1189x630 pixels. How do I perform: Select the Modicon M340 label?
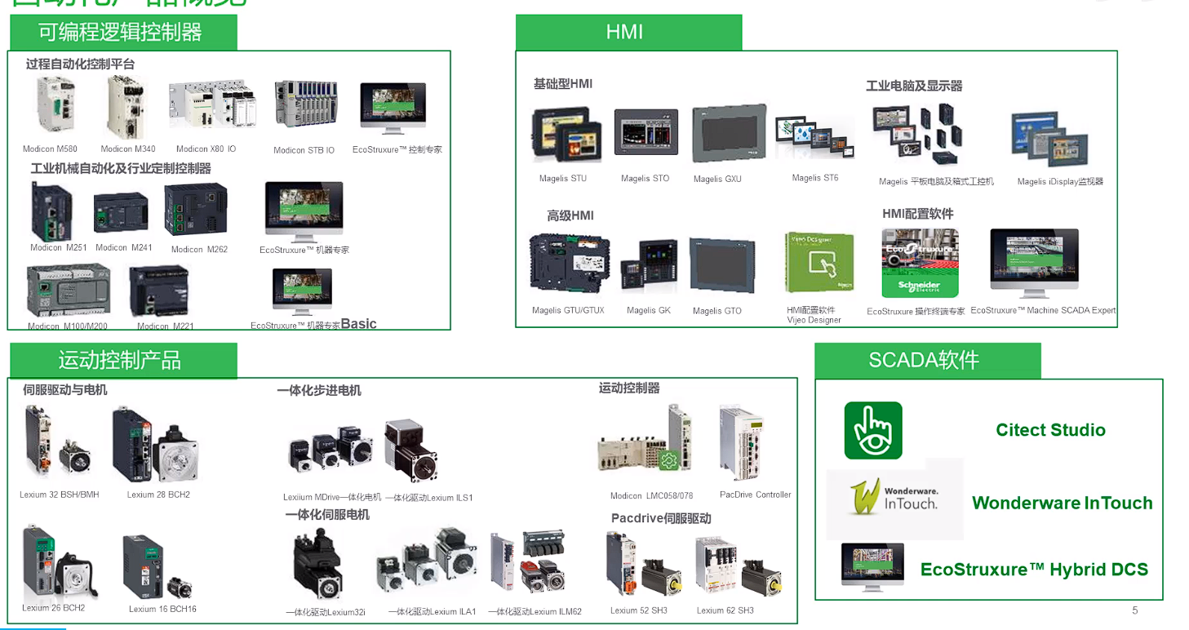(x=128, y=149)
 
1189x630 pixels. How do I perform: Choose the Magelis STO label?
(x=645, y=179)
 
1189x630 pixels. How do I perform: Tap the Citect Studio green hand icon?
(x=873, y=430)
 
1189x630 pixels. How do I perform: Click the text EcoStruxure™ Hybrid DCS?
(x=1034, y=570)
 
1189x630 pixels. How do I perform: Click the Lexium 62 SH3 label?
(x=725, y=610)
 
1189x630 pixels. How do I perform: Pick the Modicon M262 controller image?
(x=196, y=211)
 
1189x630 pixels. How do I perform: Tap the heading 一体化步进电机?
(x=319, y=391)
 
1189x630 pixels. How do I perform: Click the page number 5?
(x=1134, y=610)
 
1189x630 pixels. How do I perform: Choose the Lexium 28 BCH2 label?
(x=158, y=495)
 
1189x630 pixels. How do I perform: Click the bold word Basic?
(x=358, y=324)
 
